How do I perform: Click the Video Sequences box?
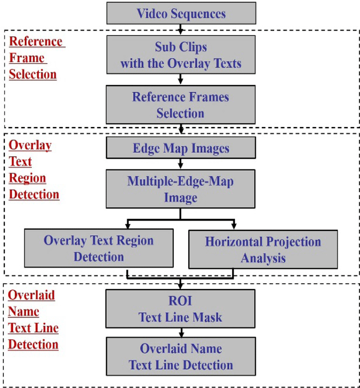click(x=181, y=13)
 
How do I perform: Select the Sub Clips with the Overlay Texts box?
click(x=181, y=55)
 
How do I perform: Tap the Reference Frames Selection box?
click(x=181, y=105)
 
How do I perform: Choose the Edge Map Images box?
click(x=181, y=148)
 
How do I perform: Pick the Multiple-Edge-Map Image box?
click(x=181, y=189)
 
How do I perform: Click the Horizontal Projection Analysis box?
click(x=263, y=249)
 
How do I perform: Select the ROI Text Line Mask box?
click(x=181, y=309)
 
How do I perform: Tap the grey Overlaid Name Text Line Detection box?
click(x=181, y=356)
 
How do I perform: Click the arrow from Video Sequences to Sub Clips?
click(x=181, y=30)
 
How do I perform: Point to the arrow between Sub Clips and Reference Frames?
click(x=181, y=79)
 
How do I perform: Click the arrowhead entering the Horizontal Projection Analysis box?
click(x=234, y=226)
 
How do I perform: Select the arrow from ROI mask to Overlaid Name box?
click(x=181, y=333)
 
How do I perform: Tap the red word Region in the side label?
click(x=27, y=178)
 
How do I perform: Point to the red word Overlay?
click(x=30, y=145)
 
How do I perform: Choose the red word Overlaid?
click(x=31, y=295)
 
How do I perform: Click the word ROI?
click(x=180, y=301)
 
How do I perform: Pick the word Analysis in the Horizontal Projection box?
click(x=263, y=258)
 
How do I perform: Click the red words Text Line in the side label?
click(x=34, y=328)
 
